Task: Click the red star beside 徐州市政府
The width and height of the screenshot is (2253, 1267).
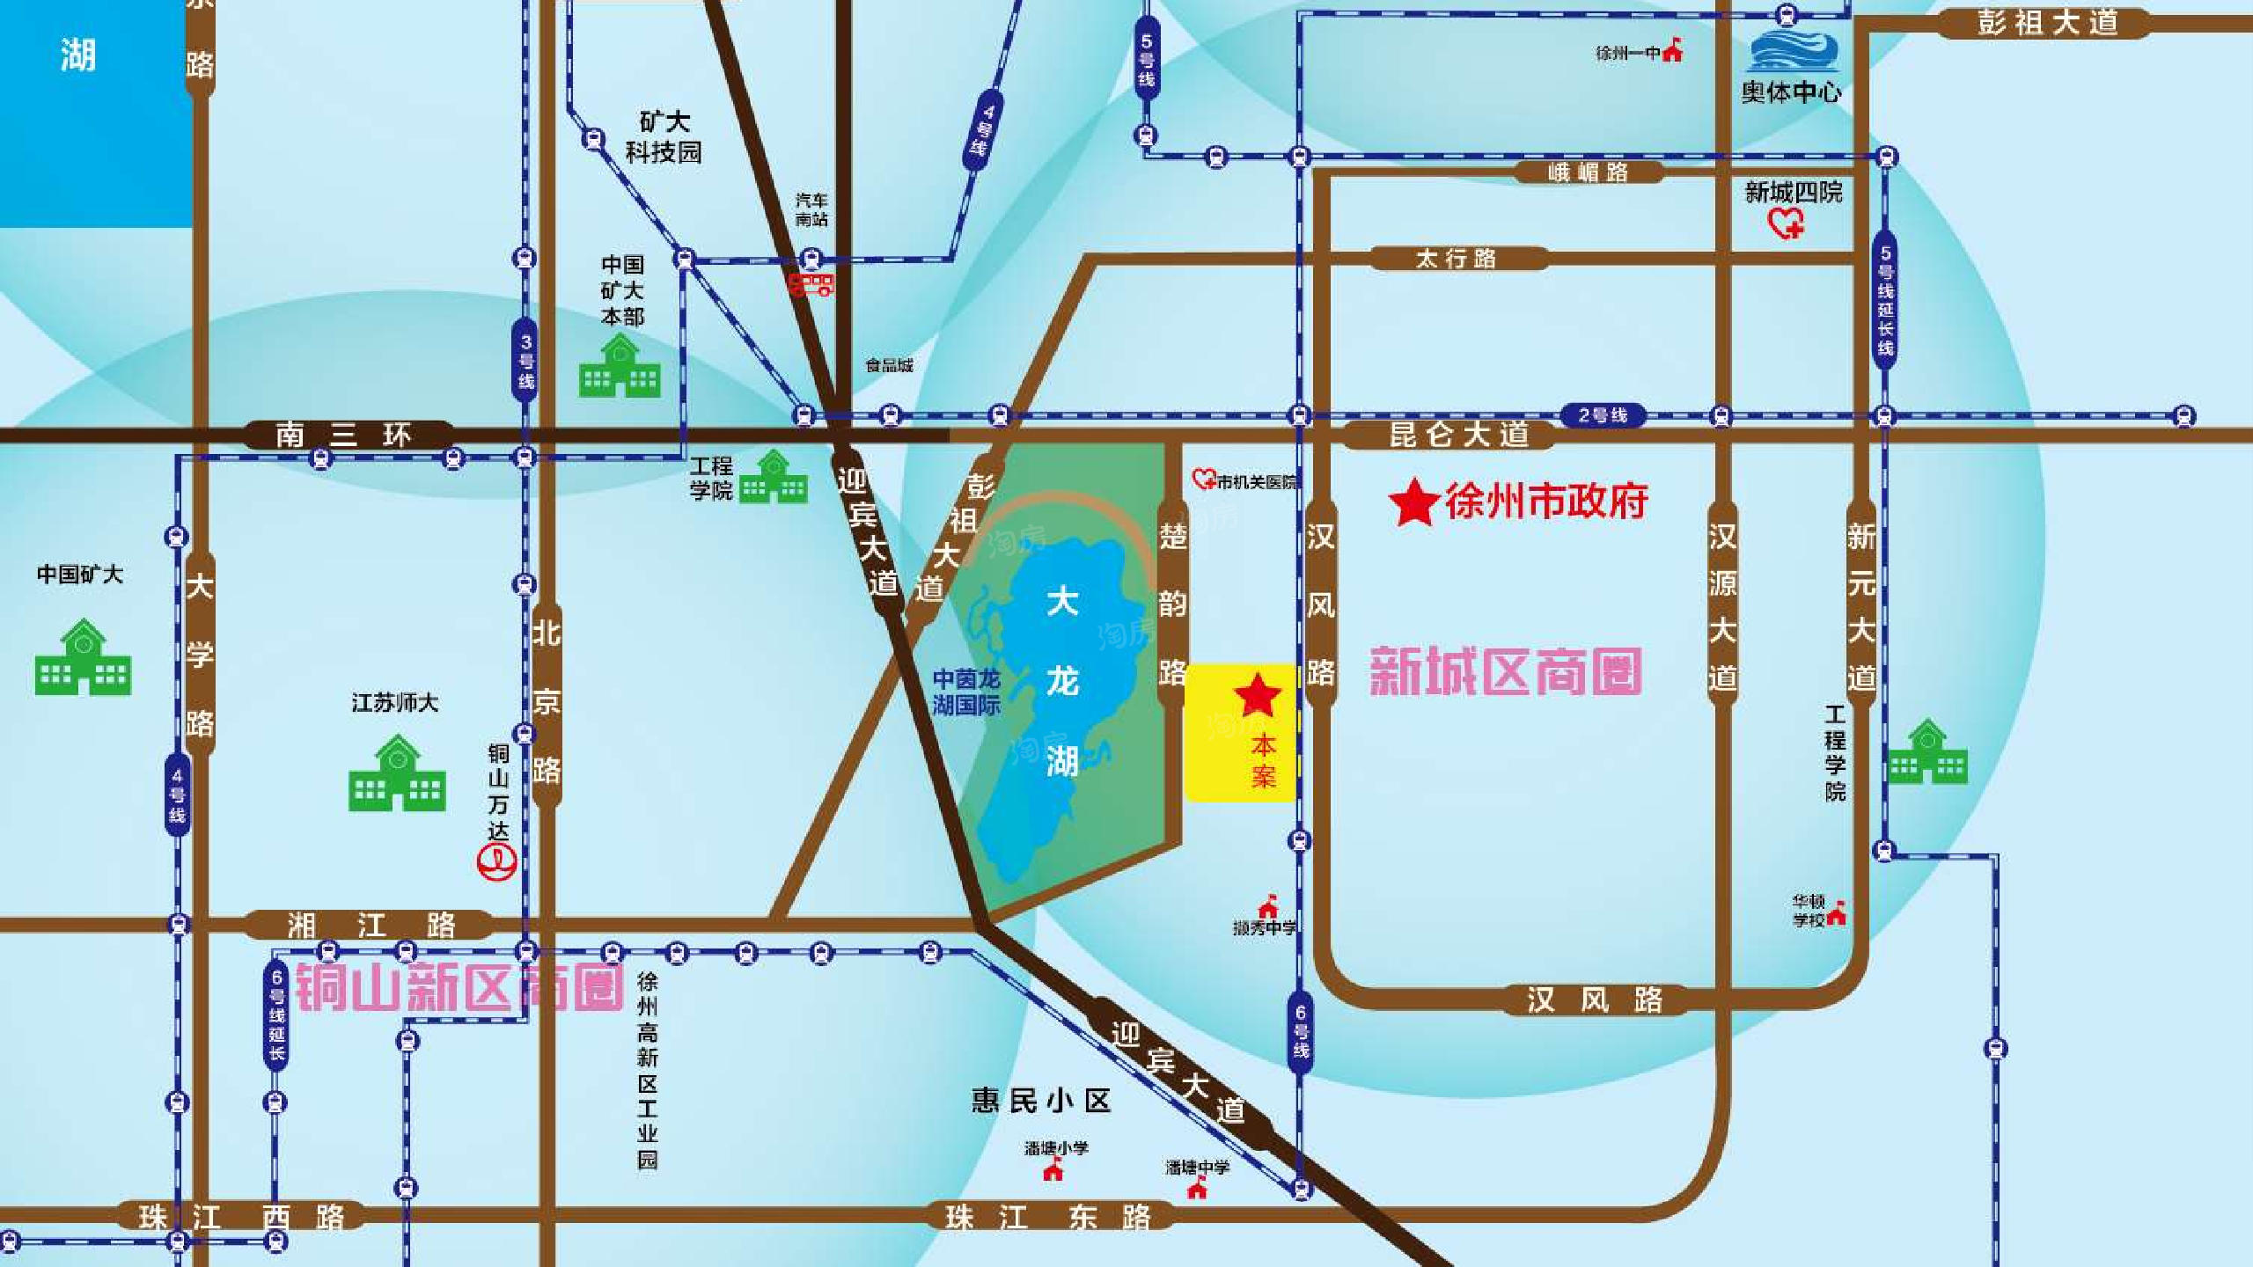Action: point(1413,502)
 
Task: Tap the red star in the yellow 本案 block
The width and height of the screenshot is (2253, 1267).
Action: point(1258,696)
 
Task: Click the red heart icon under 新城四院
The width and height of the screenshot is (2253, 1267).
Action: point(1787,224)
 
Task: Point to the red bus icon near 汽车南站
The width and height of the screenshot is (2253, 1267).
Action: point(811,285)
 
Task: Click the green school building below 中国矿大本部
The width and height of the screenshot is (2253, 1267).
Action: point(620,367)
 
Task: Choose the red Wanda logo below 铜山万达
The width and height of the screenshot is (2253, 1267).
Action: point(496,861)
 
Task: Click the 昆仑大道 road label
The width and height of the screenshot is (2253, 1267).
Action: point(1459,435)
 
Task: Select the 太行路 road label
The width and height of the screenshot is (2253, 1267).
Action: point(1457,259)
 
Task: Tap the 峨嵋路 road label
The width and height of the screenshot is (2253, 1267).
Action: point(1589,172)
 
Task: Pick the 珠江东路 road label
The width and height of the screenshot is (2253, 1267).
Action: point(1047,1218)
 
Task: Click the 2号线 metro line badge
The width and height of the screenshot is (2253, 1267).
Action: point(1603,415)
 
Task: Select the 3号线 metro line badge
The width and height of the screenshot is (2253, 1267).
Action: point(525,361)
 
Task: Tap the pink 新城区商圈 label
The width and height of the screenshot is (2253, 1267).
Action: point(1506,672)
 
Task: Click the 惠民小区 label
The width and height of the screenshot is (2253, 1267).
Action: point(1041,1101)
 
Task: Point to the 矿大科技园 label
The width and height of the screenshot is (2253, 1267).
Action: point(664,137)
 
